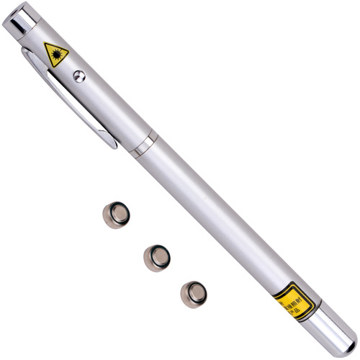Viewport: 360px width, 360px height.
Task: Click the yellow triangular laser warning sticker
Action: coord(55,54)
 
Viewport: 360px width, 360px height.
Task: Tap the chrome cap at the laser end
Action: coord(19,22)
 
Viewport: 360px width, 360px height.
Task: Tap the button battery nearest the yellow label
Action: coord(194,292)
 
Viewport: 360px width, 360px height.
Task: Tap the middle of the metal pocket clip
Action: coord(68,96)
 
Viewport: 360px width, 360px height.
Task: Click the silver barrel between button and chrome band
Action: coord(112,108)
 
